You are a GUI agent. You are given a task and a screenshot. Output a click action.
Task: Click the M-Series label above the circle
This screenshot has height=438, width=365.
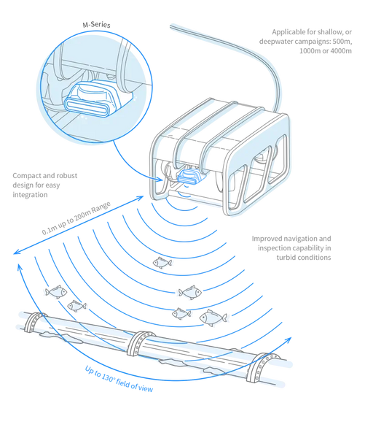click(96, 25)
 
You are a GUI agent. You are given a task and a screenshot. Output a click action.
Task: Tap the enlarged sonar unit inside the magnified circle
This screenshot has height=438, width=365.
click(92, 99)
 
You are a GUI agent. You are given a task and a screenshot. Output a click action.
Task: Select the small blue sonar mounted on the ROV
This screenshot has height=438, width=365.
click(189, 176)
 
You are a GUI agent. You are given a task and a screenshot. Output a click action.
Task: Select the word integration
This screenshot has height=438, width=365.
click(30, 195)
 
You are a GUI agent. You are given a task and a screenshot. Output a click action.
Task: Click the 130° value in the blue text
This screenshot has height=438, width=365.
click(108, 377)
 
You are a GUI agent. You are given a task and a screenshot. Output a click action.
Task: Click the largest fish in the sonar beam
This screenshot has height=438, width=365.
click(213, 318)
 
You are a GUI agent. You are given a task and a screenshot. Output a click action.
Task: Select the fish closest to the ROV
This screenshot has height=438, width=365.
click(162, 262)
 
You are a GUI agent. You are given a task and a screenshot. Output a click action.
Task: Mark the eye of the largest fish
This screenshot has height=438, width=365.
click(205, 317)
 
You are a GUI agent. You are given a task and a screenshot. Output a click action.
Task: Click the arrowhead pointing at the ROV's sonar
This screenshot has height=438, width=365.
click(160, 179)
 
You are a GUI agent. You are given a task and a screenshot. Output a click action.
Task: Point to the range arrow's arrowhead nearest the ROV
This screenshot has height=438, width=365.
click(141, 198)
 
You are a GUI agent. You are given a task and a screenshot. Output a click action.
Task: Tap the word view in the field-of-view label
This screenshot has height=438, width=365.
click(146, 388)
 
